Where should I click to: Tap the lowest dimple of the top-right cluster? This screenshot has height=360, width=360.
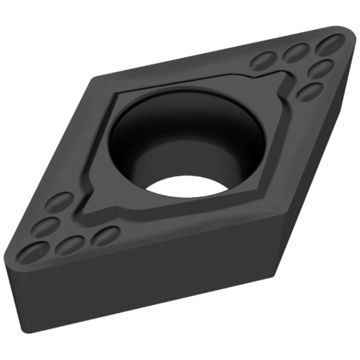pyautogui.click(x=310, y=91)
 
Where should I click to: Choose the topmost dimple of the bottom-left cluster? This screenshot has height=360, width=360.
pyautogui.click(x=60, y=201)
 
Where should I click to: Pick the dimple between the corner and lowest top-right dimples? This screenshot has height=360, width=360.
pyautogui.click(x=321, y=67)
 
